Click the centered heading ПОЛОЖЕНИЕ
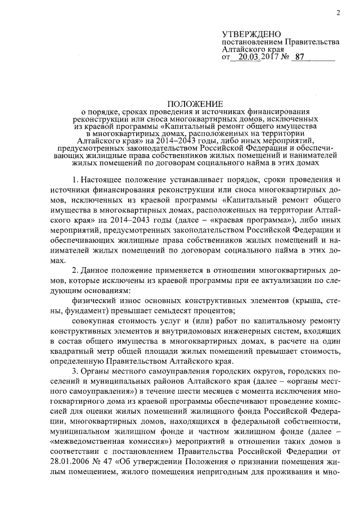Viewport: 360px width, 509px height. click(x=194, y=104)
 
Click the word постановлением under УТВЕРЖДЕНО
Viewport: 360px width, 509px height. click(x=253, y=42)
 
